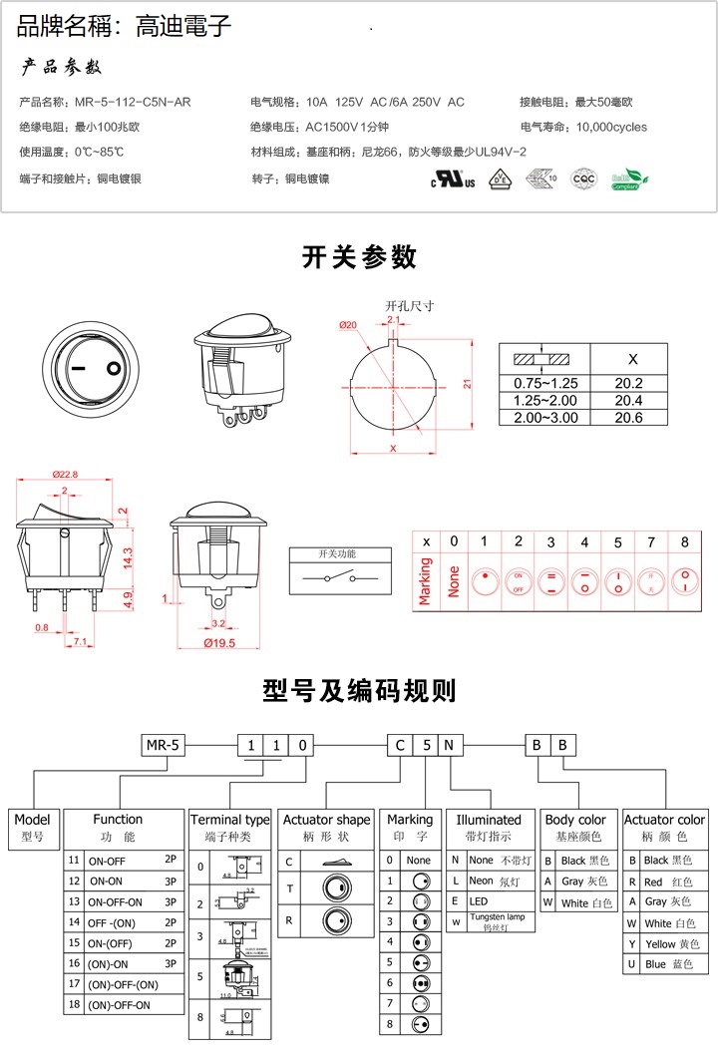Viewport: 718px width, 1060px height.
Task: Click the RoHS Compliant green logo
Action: (628, 179)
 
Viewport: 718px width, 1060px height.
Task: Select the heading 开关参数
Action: (359, 257)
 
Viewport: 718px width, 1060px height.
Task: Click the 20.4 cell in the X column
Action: (628, 400)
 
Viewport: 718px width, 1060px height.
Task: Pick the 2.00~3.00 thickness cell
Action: (544, 417)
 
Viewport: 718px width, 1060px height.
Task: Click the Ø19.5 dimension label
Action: (218, 643)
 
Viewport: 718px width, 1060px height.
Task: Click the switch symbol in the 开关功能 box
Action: (336, 578)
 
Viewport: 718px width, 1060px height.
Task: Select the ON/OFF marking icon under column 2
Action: (518, 581)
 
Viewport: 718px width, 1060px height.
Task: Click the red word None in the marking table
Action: (454, 582)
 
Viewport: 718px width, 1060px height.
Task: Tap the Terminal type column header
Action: (229, 820)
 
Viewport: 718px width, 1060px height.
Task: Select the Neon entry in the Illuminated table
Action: (482, 881)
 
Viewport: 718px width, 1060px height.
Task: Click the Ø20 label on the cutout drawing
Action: (348, 325)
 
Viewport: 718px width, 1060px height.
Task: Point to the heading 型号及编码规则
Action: (359, 690)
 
